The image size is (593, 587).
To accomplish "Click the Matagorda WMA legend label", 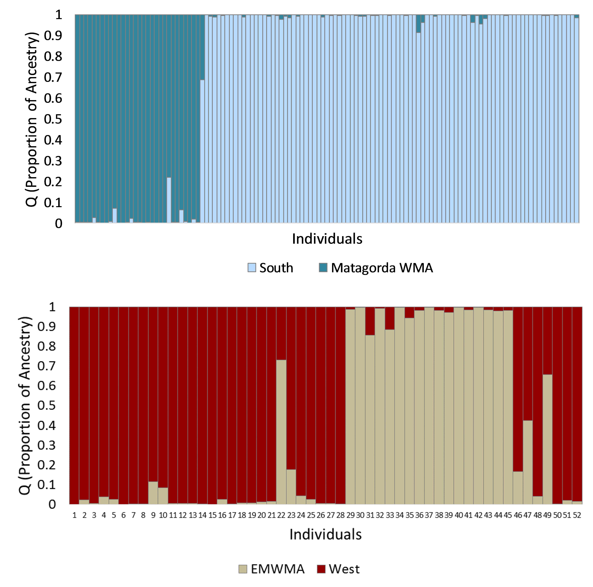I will pyautogui.click(x=382, y=268).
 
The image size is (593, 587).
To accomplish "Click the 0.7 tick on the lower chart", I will pyautogui.click(x=47, y=366).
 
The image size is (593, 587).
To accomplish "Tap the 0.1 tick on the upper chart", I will pyautogui.click(x=53, y=202).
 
